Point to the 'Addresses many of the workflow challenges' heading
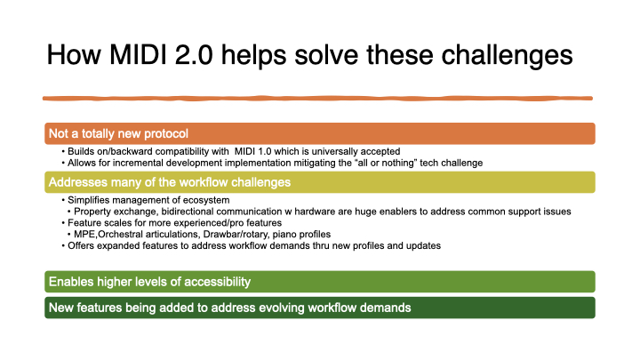[170, 182]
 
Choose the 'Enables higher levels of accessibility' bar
[149, 282]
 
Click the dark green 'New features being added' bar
[229, 308]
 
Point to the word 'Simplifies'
[89, 200]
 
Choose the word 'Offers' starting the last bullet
[82, 244]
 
